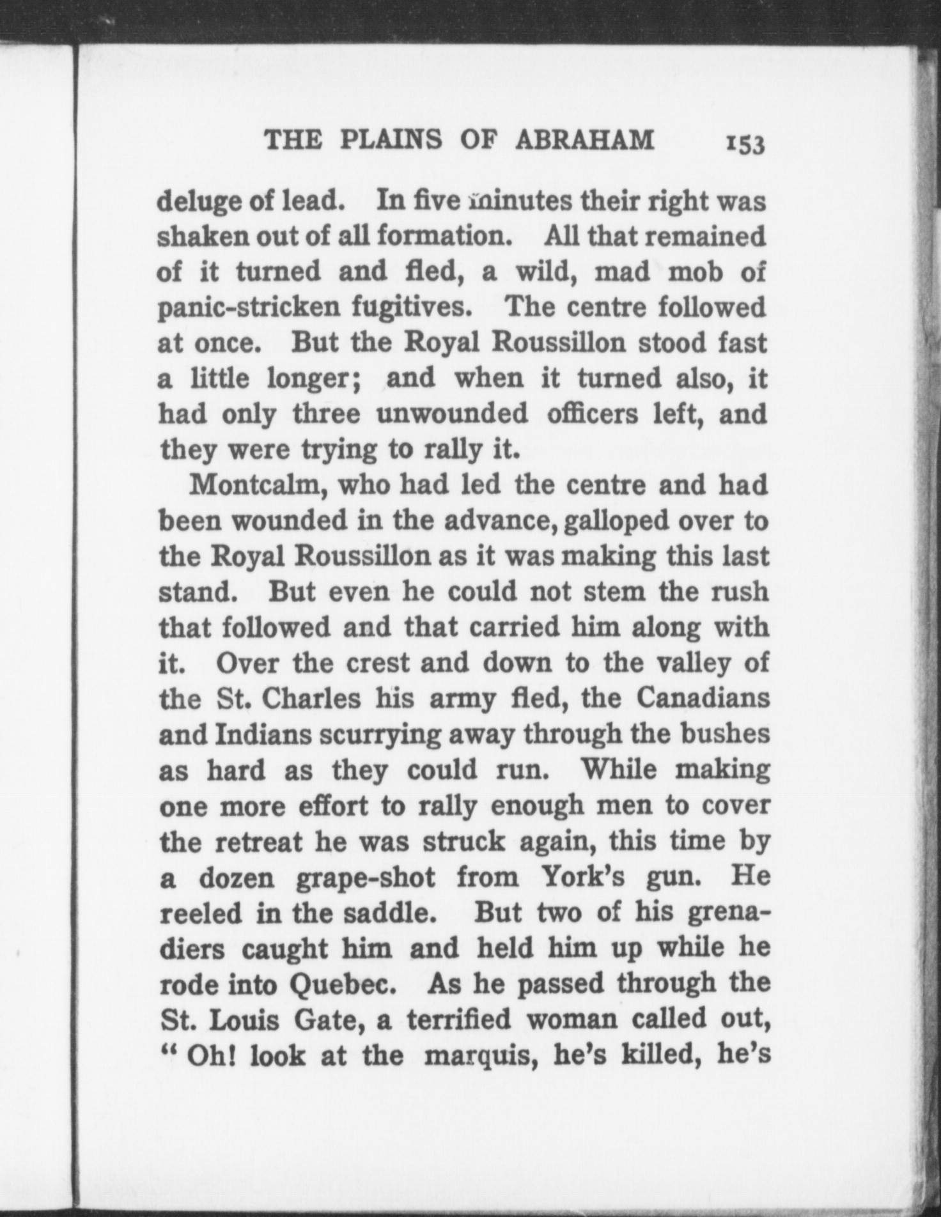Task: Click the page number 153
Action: [x=745, y=144]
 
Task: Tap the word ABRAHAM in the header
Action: [x=584, y=140]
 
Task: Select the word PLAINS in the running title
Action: [x=391, y=140]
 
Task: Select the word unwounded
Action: [x=452, y=414]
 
